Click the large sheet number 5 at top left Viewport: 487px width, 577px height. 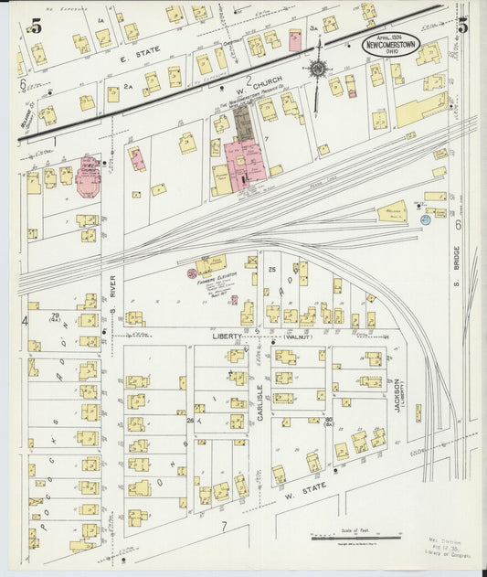click(35, 26)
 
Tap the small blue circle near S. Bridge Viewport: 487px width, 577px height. click(426, 219)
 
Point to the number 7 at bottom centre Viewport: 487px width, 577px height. click(222, 528)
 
